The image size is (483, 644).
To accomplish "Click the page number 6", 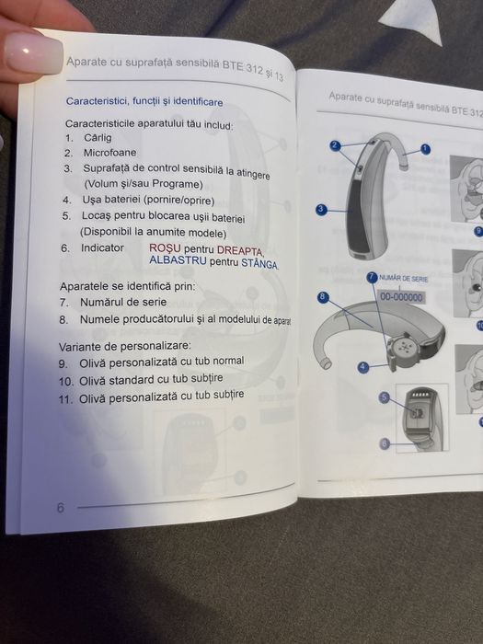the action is pyautogui.click(x=61, y=508).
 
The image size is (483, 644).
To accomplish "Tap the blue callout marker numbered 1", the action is pyautogui.click(x=425, y=149).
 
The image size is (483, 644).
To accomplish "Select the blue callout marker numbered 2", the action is pyautogui.click(x=335, y=145).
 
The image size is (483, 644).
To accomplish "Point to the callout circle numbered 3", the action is pyautogui.click(x=321, y=210).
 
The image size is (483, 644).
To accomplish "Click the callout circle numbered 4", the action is pyautogui.click(x=362, y=367).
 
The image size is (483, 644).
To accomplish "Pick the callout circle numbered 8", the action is pyautogui.click(x=323, y=296).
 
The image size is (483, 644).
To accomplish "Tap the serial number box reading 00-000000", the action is pyautogui.click(x=401, y=297).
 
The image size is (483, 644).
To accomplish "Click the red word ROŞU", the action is pyautogui.click(x=165, y=248).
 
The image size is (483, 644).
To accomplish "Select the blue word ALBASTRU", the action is pyautogui.click(x=178, y=260).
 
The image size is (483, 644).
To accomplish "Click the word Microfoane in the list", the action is pyautogui.click(x=110, y=153).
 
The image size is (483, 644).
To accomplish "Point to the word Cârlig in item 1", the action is pyautogui.click(x=98, y=138).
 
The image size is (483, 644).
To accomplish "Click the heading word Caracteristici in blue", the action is pyautogui.click(x=98, y=101).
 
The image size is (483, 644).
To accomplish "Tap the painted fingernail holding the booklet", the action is pyautogui.click(x=33, y=54).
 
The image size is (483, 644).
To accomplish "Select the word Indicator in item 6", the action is pyautogui.click(x=102, y=248).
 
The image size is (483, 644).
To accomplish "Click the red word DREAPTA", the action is pyautogui.click(x=240, y=250).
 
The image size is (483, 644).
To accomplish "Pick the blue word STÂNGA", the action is pyautogui.click(x=259, y=263).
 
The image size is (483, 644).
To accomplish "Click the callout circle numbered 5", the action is pyautogui.click(x=384, y=397).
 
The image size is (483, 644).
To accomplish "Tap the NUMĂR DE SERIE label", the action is pyautogui.click(x=403, y=279).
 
